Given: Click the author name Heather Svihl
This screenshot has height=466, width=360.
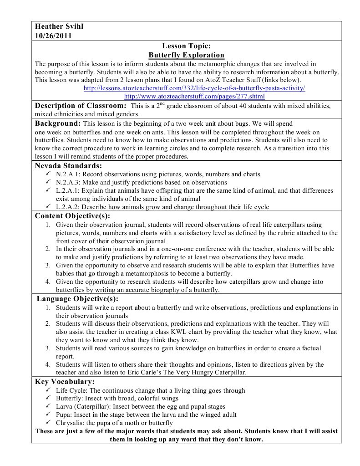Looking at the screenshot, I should coord(59,26).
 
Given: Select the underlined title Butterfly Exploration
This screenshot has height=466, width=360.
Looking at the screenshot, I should coord(187,55).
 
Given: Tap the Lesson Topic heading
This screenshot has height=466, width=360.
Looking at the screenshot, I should coord(186,46).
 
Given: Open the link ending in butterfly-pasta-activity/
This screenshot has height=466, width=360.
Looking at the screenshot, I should coord(194,88).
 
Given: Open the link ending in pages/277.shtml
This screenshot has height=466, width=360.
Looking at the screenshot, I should coord(194,97).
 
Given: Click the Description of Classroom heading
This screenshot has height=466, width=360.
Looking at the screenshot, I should coord(81,106).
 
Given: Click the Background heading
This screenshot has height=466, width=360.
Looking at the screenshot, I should coord(58,123).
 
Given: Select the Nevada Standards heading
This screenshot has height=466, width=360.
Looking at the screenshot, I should coord(68,166).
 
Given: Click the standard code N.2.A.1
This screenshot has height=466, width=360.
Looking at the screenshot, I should coord(68,174).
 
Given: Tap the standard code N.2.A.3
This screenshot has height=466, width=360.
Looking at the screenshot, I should coord(68,183).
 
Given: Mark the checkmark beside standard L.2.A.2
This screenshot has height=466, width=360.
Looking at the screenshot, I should coord(48,207).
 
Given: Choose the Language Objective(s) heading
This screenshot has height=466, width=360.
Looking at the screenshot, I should coord(77,299).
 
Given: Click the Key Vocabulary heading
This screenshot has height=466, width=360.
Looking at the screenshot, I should coord(65,382).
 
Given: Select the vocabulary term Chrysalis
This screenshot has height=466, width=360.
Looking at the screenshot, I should coord(70,423).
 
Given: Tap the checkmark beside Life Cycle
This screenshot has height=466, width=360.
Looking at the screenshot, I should coord(48,390).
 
